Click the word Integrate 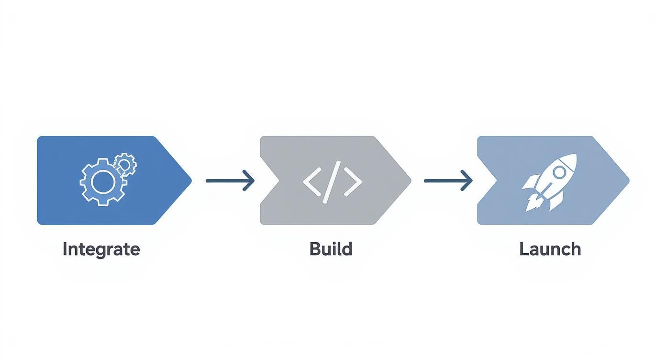pos(101,249)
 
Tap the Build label pos(331,249)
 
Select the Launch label pos(550,249)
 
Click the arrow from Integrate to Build pos(230,180)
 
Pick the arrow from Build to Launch pos(448,180)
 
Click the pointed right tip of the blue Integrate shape pos(190,180)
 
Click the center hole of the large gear pos(103,183)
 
